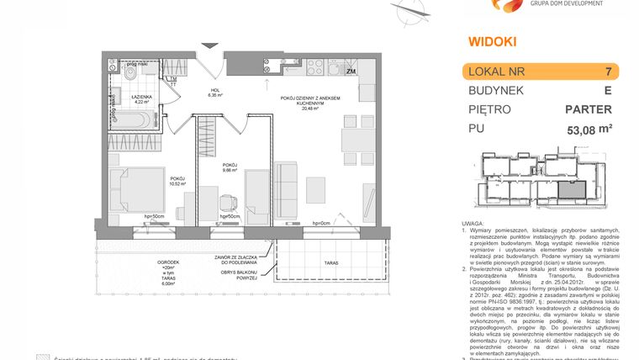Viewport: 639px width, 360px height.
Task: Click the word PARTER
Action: click(x=588, y=109)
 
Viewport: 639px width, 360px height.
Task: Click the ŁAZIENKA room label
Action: click(x=141, y=98)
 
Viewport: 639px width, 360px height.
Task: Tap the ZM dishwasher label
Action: click(x=351, y=72)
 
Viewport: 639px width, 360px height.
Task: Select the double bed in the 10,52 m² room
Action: click(x=135, y=191)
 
